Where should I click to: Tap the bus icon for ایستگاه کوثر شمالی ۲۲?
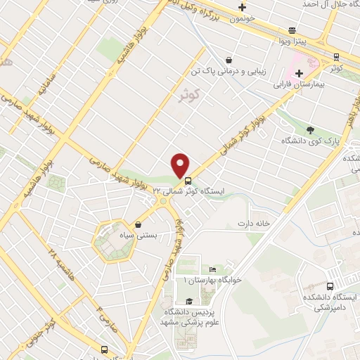point(188,180)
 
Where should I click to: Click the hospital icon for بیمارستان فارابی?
point(300,72)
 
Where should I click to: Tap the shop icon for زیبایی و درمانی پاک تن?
point(229,60)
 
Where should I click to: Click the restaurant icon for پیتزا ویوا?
point(291,31)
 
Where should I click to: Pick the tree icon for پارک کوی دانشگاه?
point(310,130)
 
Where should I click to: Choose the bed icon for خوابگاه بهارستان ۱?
point(212,270)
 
